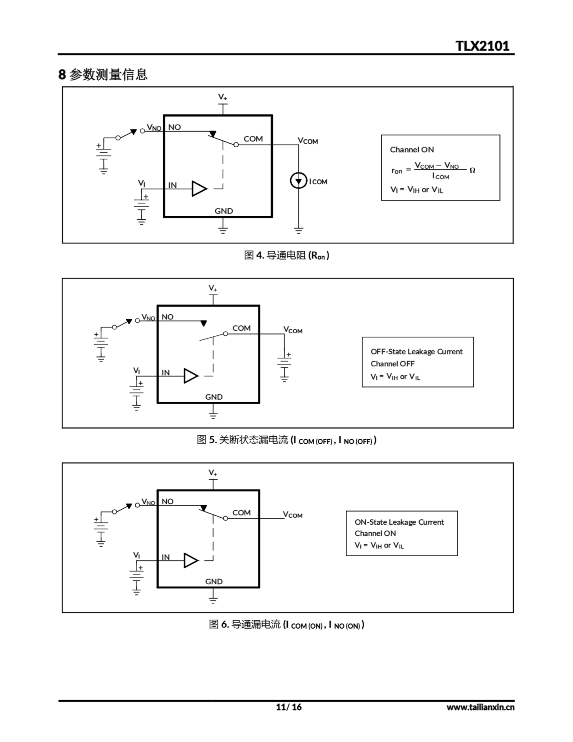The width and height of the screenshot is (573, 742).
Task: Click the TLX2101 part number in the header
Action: click(x=482, y=46)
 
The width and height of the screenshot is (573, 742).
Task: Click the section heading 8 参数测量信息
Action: click(x=103, y=74)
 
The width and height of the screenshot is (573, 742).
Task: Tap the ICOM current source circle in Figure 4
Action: click(x=298, y=181)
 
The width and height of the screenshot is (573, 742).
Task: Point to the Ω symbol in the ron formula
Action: click(x=472, y=170)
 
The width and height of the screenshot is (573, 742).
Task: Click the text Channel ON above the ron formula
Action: click(x=412, y=150)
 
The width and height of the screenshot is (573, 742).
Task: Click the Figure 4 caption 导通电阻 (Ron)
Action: click(x=286, y=255)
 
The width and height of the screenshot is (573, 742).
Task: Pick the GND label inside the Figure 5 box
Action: click(x=213, y=397)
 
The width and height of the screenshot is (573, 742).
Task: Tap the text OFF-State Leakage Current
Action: click(x=416, y=352)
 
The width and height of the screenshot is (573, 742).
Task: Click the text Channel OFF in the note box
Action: click(x=392, y=364)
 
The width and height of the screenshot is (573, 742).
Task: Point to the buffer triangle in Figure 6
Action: click(x=191, y=560)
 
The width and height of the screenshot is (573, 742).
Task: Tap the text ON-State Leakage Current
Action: click(x=399, y=522)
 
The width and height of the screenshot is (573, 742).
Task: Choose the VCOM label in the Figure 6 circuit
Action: click(x=293, y=515)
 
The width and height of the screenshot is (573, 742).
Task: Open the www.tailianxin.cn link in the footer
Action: click(x=480, y=707)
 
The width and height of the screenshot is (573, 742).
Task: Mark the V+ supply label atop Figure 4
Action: click(x=222, y=97)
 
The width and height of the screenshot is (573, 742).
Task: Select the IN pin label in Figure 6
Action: click(x=165, y=557)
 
